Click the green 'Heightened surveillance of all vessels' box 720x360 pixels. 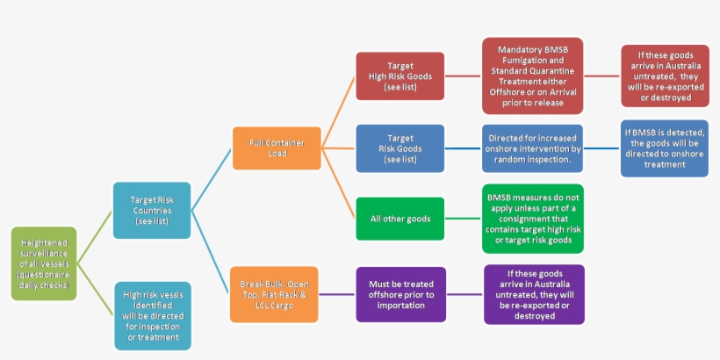[x=44, y=263]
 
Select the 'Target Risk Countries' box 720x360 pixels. [x=152, y=211]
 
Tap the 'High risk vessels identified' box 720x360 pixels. [x=152, y=315]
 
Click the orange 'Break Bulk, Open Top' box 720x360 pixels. [x=273, y=294]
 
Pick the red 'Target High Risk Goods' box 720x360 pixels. [x=400, y=76]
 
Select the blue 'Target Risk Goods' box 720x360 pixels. [x=400, y=148]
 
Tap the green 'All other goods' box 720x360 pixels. [x=400, y=219]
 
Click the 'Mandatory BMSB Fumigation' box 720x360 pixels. [x=532, y=76]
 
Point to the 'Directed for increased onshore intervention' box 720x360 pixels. [x=532, y=148]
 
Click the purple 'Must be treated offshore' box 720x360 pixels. [x=400, y=294]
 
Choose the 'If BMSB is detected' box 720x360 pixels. [x=665, y=148]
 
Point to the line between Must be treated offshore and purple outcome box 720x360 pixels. [x=464, y=294]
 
